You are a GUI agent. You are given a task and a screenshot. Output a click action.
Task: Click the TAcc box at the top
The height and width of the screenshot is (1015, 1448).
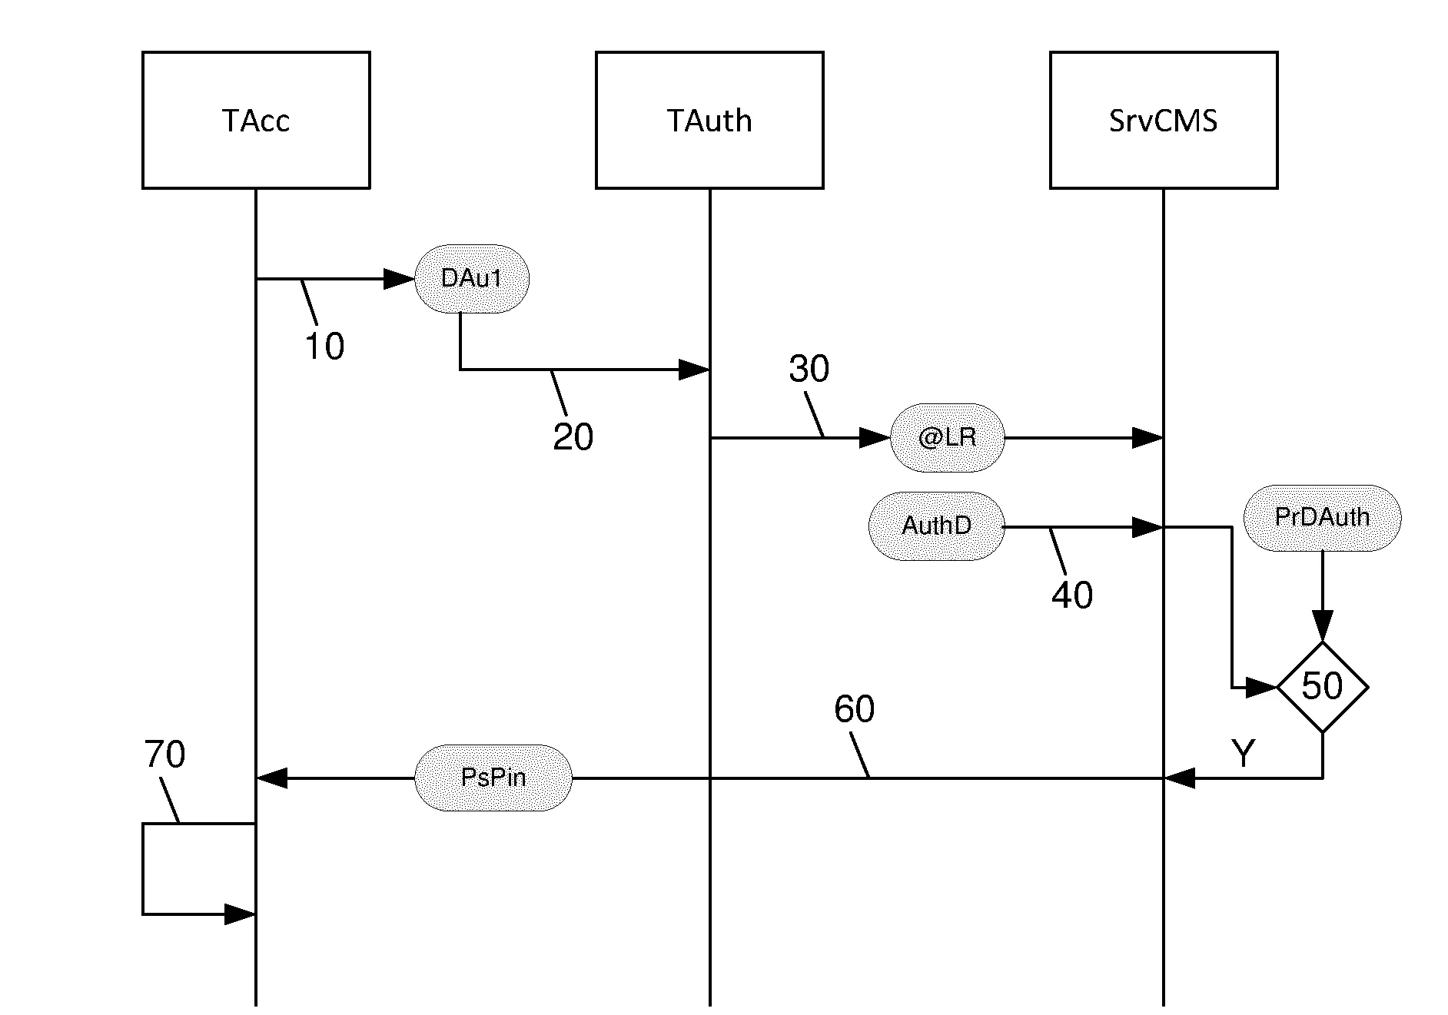tap(256, 120)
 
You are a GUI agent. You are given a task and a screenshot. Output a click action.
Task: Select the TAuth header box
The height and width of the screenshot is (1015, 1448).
tap(709, 120)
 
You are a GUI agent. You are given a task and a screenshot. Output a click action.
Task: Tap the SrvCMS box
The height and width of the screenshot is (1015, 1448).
tap(1163, 120)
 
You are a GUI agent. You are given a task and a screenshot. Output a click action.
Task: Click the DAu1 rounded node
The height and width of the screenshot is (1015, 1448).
tap(471, 278)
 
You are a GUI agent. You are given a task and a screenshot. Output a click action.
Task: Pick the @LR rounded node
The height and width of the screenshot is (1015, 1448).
tap(947, 438)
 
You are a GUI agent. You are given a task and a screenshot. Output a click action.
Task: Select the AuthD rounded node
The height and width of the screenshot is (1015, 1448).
tap(936, 526)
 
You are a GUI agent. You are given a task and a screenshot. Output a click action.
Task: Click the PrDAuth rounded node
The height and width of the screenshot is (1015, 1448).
tap(1322, 517)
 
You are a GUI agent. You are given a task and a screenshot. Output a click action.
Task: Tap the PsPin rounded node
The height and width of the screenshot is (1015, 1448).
tap(493, 778)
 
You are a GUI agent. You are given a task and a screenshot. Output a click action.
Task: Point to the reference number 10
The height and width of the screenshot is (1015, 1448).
tap(324, 347)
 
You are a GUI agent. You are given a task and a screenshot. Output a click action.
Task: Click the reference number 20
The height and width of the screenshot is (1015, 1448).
tap(573, 437)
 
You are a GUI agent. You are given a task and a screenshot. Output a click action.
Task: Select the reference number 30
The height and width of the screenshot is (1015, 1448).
tap(809, 370)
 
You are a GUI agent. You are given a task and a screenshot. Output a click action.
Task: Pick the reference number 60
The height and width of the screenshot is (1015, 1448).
tap(854, 709)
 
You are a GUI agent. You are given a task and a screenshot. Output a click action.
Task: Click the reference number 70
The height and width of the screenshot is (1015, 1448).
tap(164, 755)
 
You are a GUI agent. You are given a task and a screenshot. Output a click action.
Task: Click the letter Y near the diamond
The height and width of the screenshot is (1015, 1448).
tap(1243, 754)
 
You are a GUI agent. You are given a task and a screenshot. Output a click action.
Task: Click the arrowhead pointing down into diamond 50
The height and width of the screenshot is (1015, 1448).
tap(1322, 626)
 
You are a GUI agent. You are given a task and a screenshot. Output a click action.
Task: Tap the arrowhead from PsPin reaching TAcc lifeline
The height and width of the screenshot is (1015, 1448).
tap(271, 778)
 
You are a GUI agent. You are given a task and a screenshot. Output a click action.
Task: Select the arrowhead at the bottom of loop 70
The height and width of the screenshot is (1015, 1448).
tap(240, 914)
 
